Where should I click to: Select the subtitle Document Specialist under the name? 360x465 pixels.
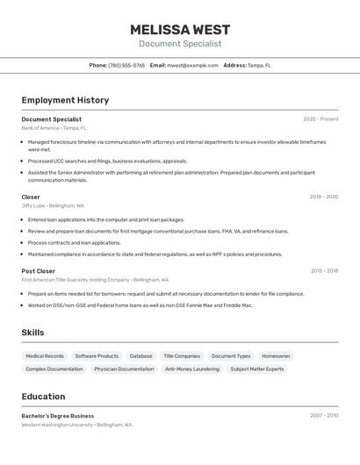click(x=180, y=44)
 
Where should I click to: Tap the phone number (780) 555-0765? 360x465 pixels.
click(x=126, y=65)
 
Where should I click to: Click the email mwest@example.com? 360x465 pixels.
click(x=192, y=65)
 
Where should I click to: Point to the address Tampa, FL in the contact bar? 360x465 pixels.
click(x=259, y=65)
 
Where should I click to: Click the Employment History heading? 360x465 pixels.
click(x=65, y=100)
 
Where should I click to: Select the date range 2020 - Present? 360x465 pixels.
click(x=320, y=119)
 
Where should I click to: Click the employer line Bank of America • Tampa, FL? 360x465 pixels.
click(x=54, y=128)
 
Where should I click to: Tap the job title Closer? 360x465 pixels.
click(x=31, y=197)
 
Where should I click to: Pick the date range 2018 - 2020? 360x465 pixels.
click(x=323, y=197)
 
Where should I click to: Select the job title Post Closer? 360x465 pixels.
click(x=38, y=271)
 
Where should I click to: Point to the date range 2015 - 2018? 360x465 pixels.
click(x=323, y=271)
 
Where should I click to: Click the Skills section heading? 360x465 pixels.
click(x=32, y=333)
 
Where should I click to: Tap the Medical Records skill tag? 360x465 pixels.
click(x=45, y=356)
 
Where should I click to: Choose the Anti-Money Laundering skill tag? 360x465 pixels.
click(x=192, y=369)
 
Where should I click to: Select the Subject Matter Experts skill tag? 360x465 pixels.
click(x=256, y=369)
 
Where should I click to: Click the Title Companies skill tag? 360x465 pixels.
click(x=182, y=356)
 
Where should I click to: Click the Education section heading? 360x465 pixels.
click(x=43, y=397)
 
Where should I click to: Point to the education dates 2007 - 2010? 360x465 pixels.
click(x=323, y=416)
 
